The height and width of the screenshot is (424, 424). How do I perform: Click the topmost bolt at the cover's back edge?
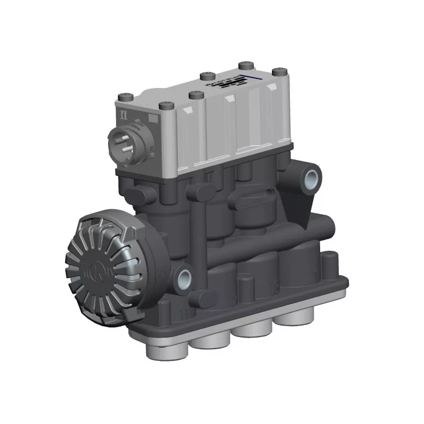point(245,66)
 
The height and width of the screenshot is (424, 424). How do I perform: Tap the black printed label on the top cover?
point(223,84)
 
